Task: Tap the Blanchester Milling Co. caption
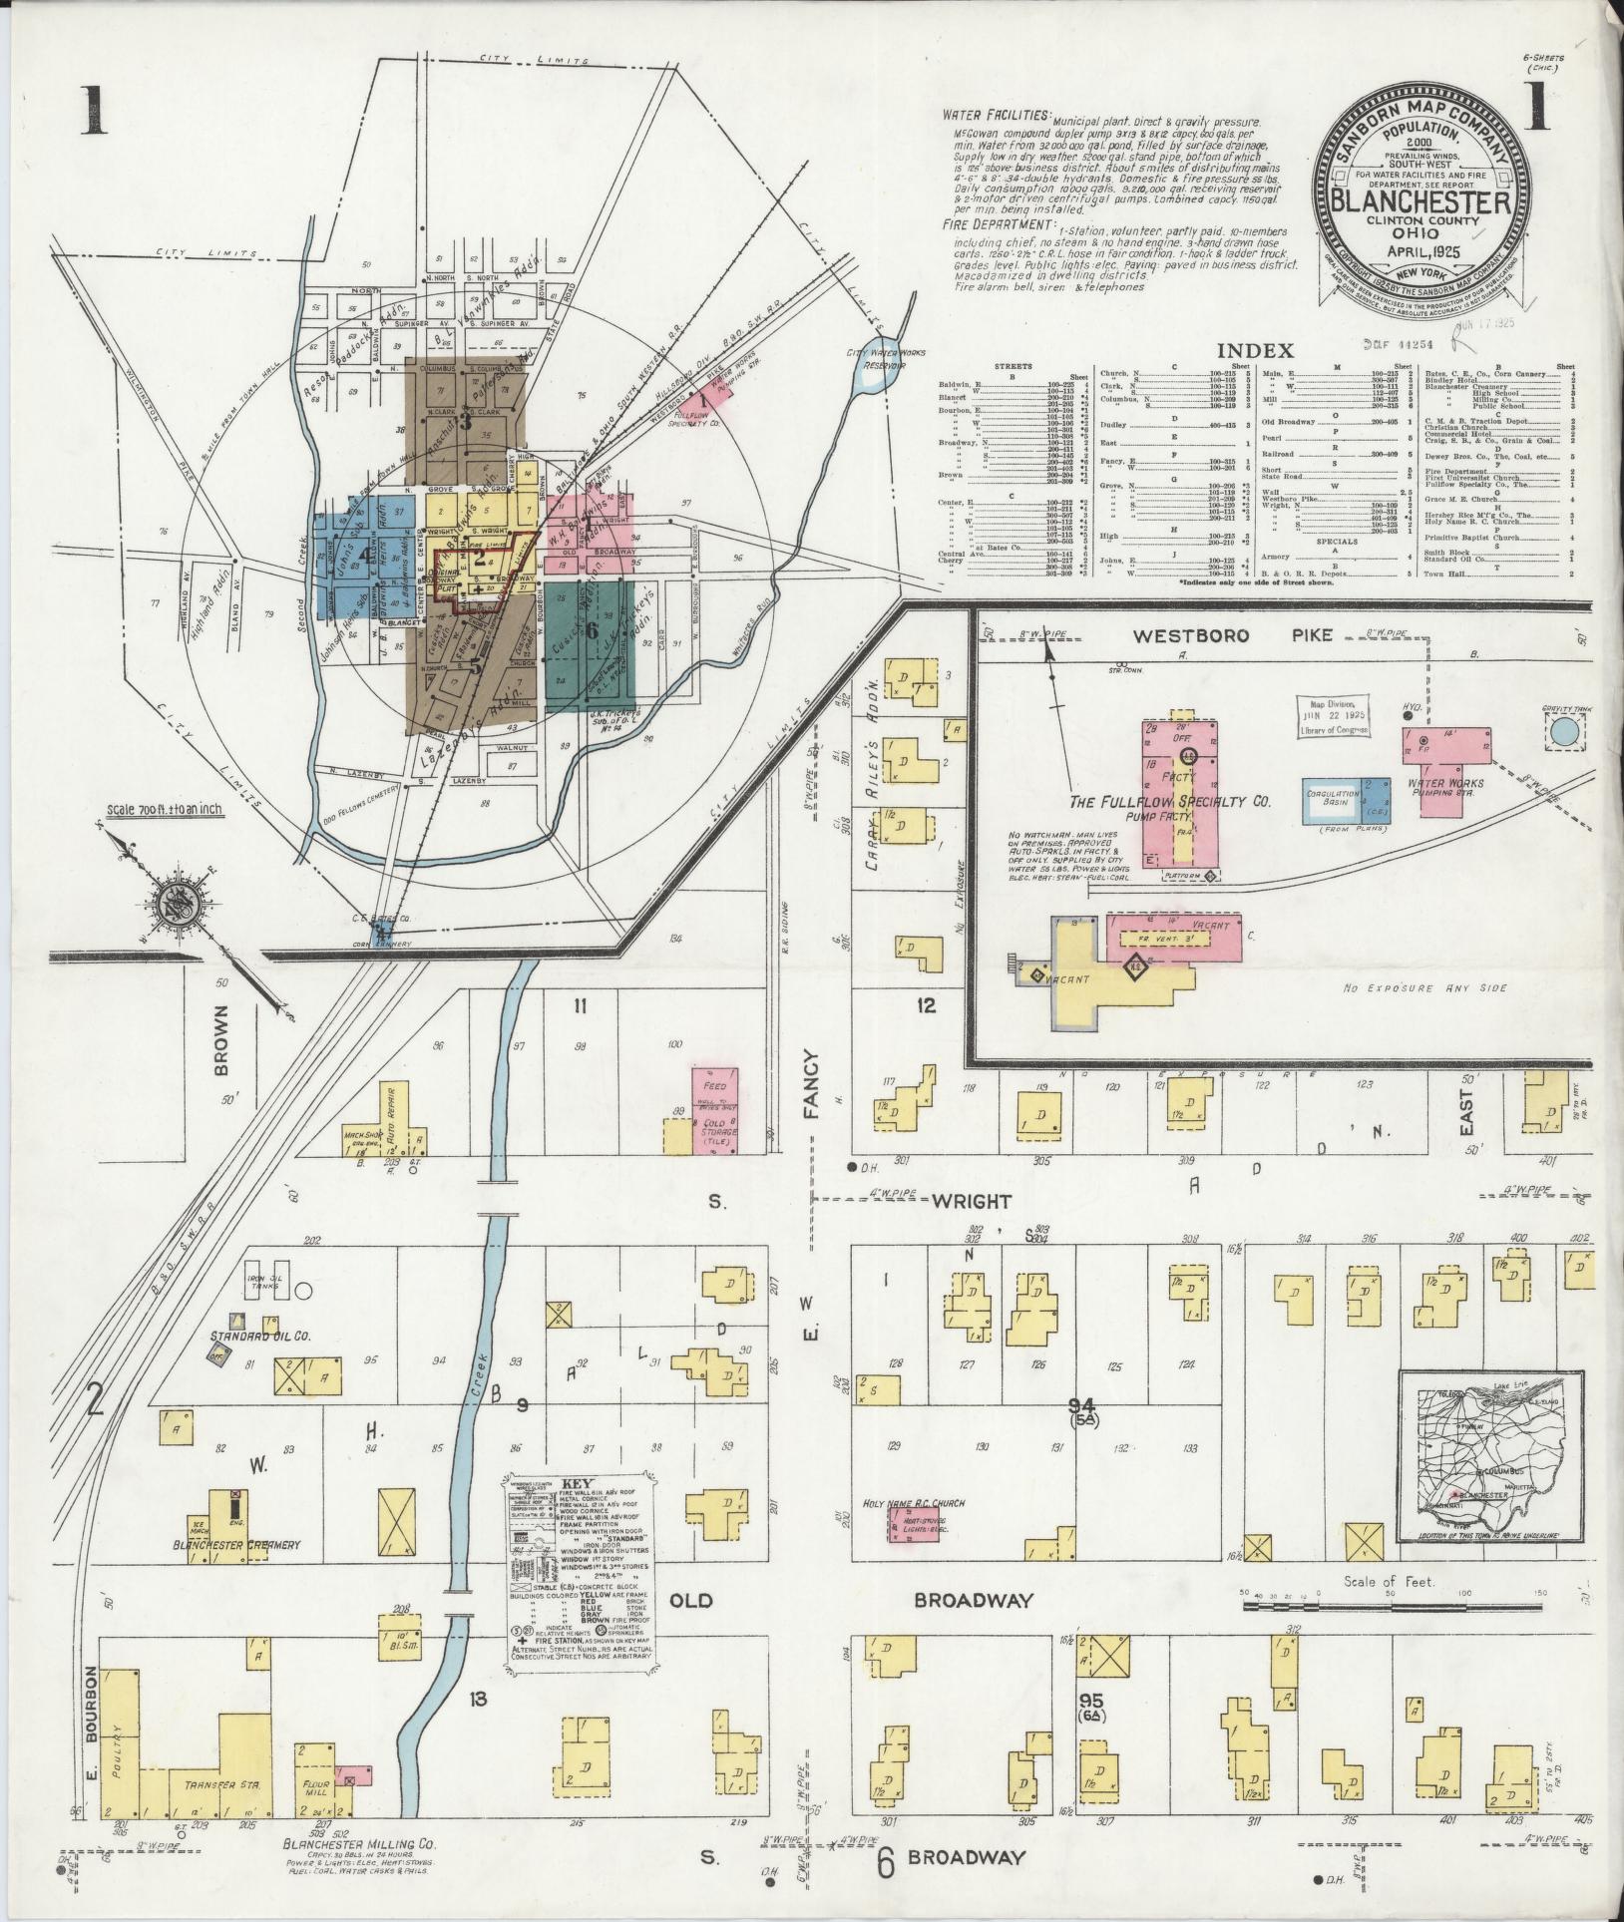pyautogui.click(x=356, y=1870)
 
